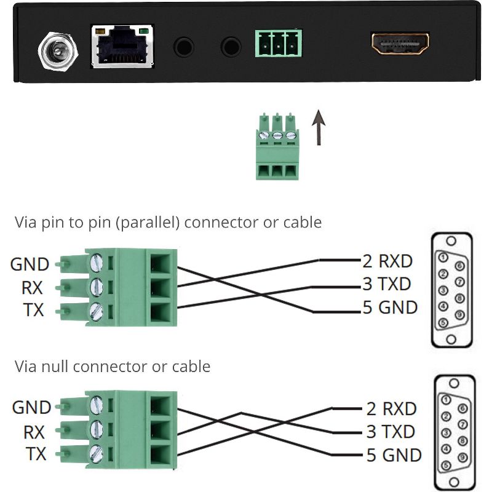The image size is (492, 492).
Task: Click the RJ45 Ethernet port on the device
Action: tap(122, 46)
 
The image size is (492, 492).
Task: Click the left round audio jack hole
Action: tap(184, 46)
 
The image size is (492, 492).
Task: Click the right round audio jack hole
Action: tap(231, 46)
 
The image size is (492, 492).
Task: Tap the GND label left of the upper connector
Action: tap(30, 264)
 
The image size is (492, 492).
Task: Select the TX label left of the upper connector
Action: tap(34, 310)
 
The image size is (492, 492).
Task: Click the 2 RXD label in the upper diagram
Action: tap(387, 261)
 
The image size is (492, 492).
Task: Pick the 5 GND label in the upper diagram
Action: tap(390, 307)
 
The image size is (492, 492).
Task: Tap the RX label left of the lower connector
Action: tap(34, 432)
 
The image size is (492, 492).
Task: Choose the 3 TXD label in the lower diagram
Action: tap(392, 432)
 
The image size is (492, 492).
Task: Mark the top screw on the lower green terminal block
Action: tap(97, 405)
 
